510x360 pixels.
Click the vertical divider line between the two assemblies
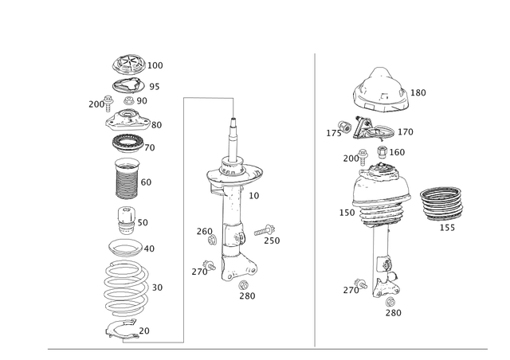click(x=315, y=199)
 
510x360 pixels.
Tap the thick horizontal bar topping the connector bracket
click(x=208, y=97)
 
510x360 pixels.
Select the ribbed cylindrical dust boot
click(x=127, y=179)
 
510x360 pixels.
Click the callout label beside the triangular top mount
click(x=420, y=93)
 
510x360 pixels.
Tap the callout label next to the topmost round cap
click(x=157, y=65)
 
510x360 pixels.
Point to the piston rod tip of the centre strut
click(x=233, y=123)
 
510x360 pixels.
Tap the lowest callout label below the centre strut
click(x=249, y=296)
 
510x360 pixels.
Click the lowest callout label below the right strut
click(x=394, y=314)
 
